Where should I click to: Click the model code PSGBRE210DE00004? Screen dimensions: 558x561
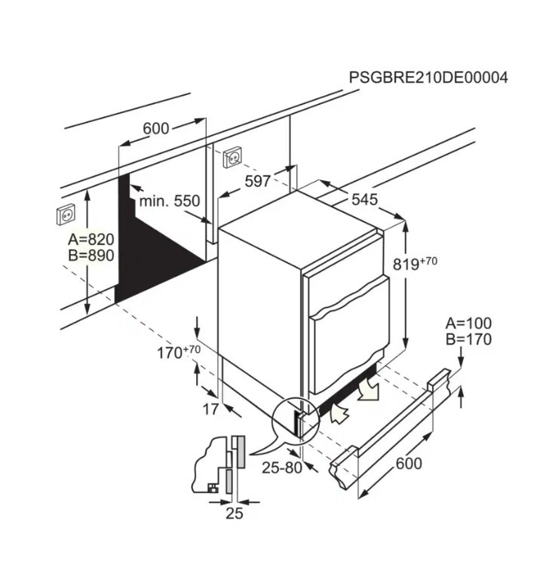pyautogui.click(x=428, y=77)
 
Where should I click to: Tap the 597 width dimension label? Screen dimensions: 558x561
pyautogui.click(x=258, y=181)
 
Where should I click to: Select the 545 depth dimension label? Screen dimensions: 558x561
pyautogui.click(x=364, y=200)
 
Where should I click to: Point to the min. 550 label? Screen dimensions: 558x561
pyautogui.click(x=169, y=201)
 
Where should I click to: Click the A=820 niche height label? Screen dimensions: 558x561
pyautogui.click(x=90, y=239)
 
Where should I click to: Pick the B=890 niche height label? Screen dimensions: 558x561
pyautogui.click(x=90, y=256)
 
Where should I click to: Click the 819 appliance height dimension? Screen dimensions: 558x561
pyautogui.click(x=415, y=263)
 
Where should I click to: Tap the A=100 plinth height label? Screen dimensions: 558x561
pyautogui.click(x=468, y=323)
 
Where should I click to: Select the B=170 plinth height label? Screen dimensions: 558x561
pyautogui.click(x=468, y=339)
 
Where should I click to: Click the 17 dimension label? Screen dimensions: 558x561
pyautogui.click(x=210, y=409)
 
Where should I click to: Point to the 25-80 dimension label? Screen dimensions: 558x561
pyautogui.click(x=282, y=467)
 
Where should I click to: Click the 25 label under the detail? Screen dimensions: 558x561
pyautogui.click(x=235, y=513)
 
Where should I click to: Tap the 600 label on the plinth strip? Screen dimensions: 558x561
pyautogui.click(x=409, y=463)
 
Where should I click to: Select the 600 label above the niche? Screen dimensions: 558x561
pyautogui.click(x=156, y=128)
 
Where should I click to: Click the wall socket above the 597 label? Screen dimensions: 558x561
pyautogui.click(x=233, y=157)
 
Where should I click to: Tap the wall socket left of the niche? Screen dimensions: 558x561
pyautogui.click(x=66, y=214)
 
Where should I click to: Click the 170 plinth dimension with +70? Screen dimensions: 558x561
pyautogui.click(x=179, y=352)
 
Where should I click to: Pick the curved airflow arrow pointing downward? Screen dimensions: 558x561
pyautogui.click(x=369, y=389)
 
